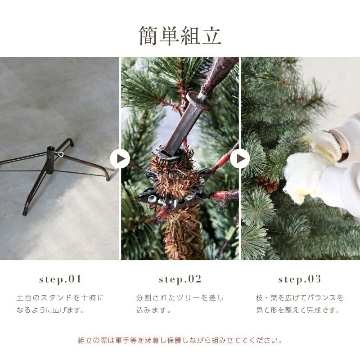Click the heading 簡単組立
(x=180, y=36)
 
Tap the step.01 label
(x=60, y=279)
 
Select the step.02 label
(x=180, y=279)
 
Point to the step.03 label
(x=300, y=279)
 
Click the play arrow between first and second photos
(x=120, y=159)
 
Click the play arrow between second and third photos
(x=240, y=159)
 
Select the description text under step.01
(x=60, y=304)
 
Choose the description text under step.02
(x=180, y=304)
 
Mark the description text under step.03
(x=300, y=304)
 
